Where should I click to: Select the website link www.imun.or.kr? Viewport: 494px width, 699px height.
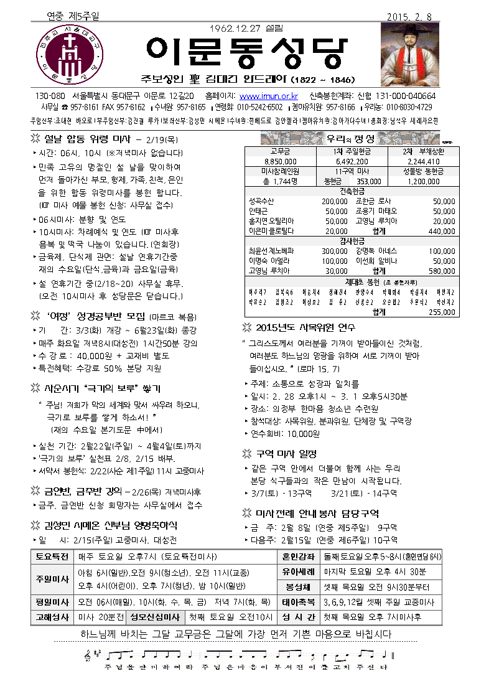[269, 96]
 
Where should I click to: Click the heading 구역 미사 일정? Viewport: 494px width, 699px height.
[287, 454]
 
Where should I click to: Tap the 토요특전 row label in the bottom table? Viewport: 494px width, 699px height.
[52, 558]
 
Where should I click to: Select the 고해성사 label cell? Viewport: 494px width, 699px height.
[52, 617]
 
